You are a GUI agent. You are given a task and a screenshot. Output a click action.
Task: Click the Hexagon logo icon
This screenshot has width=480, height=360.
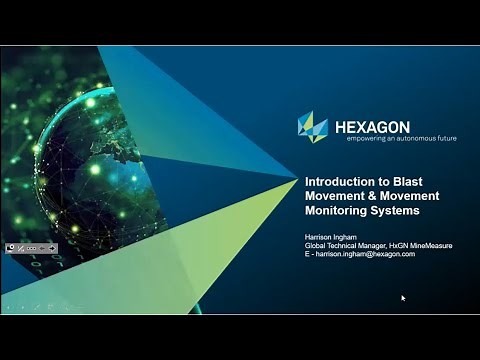coord(313,127)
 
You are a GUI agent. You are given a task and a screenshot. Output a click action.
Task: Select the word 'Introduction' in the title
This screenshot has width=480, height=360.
coord(341,181)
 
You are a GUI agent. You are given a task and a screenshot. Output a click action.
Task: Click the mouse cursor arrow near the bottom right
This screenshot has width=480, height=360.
coord(404,297)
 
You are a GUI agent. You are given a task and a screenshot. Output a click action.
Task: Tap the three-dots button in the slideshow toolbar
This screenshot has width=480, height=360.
coord(32,248)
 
